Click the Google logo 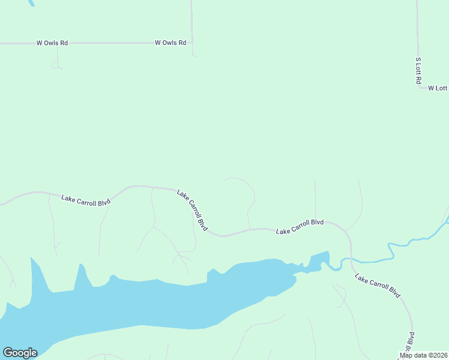(x=20, y=353)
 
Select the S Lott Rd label (x=419, y=71)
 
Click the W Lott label (x=438, y=88)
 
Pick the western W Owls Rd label (x=52, y=43)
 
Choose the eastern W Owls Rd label (x=170, y=43)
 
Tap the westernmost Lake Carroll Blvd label (x=86, y=200)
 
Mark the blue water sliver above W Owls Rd (x=30, y=2)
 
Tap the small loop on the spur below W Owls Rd (x=57, y=65)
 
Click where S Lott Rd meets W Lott (x=420, y=88)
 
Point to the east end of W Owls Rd (x=191, y=43)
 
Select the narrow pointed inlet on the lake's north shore (x=78, y=276)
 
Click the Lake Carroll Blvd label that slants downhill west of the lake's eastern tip (x=192, y=210)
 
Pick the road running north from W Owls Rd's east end (x=191, y=21)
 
